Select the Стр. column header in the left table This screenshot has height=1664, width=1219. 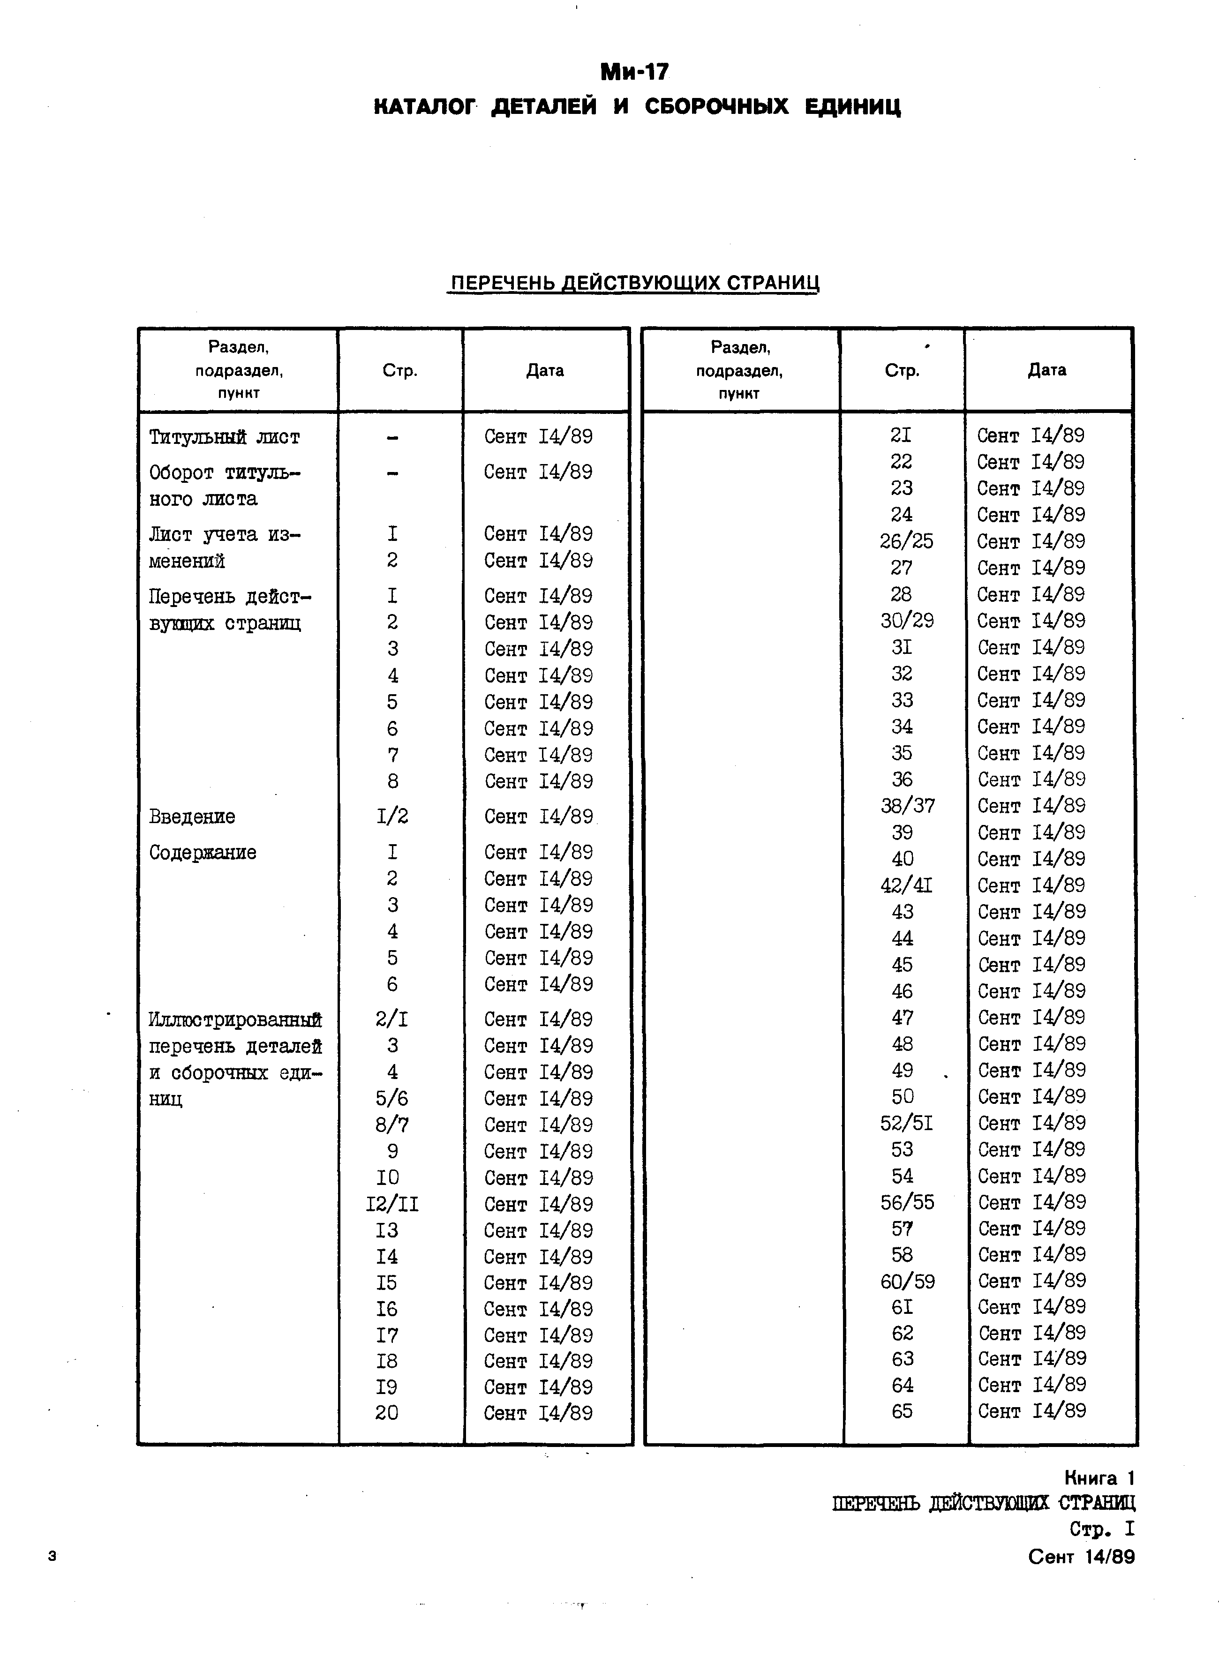pyautogui.click(x=400, y=370)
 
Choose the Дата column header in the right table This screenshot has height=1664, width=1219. pyautogui.click(x=1046, y=370)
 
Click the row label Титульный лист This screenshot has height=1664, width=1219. pyautogui.click(x=224, y=437)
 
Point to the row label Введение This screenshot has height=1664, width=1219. pyautogui.click(x=192, y=817)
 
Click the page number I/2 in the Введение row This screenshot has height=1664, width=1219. pyautogui.click(x=392, y=817)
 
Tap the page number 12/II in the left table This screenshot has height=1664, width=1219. pyautogui.click(x=392, y=1205)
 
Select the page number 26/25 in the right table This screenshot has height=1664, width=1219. pyautogui.click(x=906, y=541)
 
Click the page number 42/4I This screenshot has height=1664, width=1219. pyautogui.click(x=906, y=885)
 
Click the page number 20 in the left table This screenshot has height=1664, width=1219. pyautogui.click(x=387, y=1412)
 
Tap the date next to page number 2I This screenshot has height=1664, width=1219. pyautogui.click(x=1031, y=436)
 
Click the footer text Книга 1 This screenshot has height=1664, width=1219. pyautogui.click(x=1099, y=1478)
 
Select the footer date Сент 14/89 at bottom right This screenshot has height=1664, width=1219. pyautogui.click(x=1081, y=1557)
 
